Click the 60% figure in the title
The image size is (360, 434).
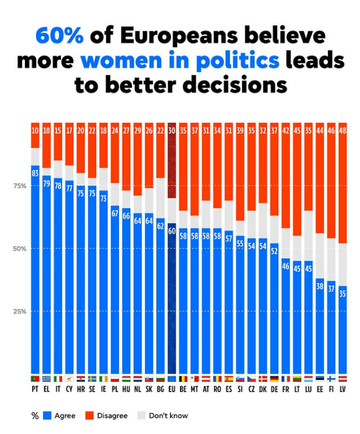click(x=60, y=36)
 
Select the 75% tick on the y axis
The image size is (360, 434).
click(x=20, y=186)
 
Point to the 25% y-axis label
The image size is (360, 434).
click(x=20, y=311)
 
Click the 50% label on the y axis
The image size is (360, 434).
click(x=20, y=249)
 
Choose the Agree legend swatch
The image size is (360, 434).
click(x=47, y=416)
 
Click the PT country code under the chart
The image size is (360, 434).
click(x=36, y=390)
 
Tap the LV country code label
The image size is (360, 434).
click(x=342, y=390)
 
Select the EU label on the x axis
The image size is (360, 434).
click(x=172, y=390)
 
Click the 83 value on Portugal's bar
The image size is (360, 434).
click(x=36, y=173)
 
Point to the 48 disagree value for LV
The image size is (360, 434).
click(x=342, y=131)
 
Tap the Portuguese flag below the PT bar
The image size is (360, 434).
click(x=36, y=378)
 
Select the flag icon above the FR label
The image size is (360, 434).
click(x=285, y=378)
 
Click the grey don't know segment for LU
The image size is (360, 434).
click(x=308, y=237)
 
